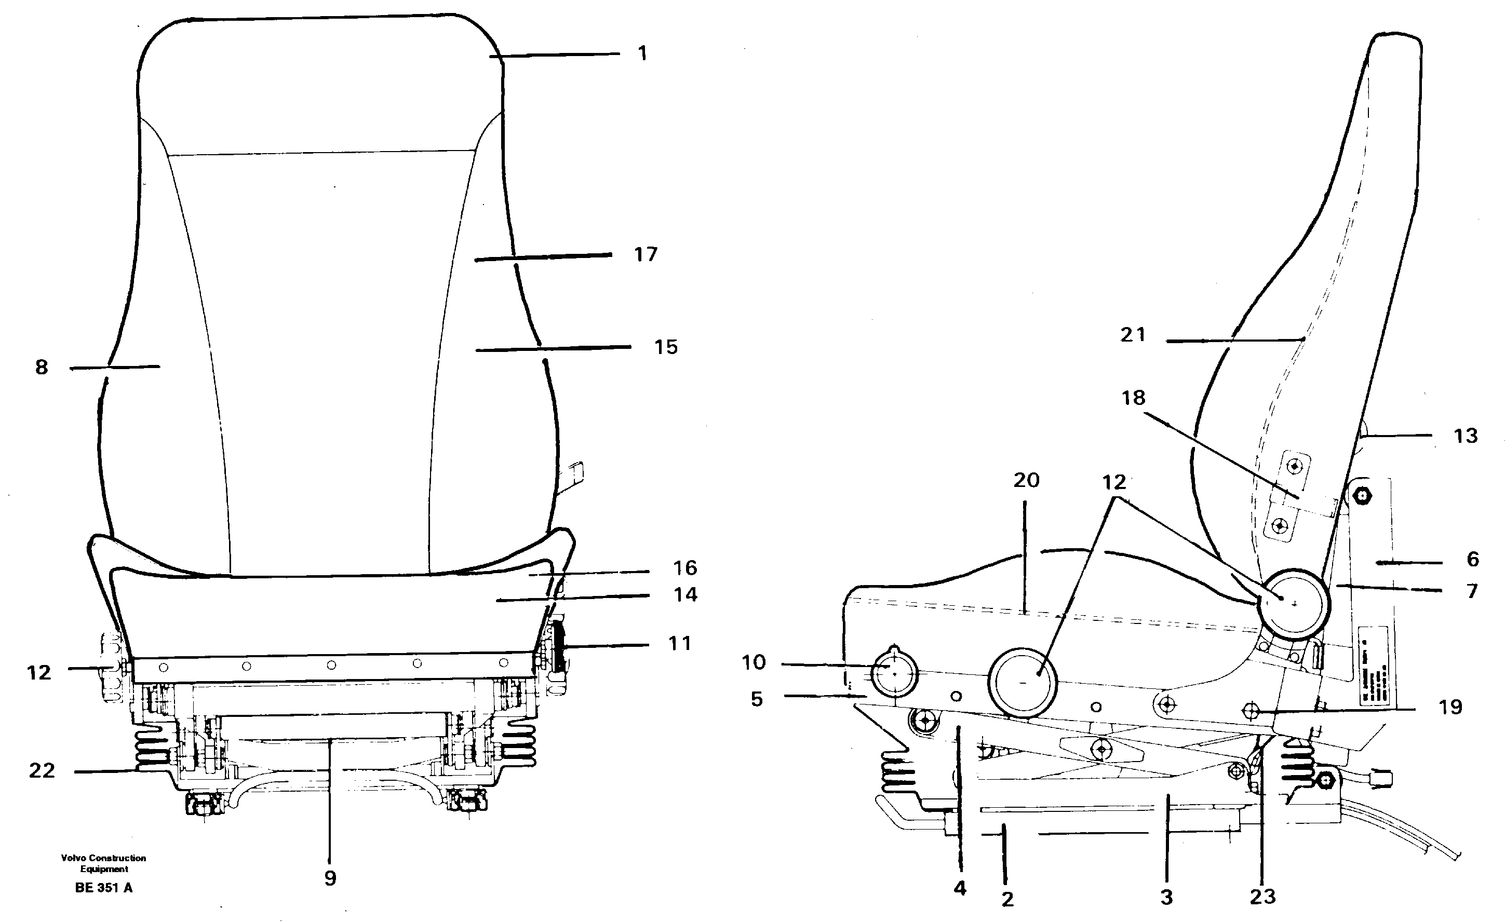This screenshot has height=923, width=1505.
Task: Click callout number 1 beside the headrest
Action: pyautogui.click(x=642, y=53)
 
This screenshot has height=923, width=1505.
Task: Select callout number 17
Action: pyautogui.click(x=646, y=254)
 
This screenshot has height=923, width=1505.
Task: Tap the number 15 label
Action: pyautogui.click(x=666, y=347)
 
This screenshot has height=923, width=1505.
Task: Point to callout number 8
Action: pyautogui.click(x=41, y=367)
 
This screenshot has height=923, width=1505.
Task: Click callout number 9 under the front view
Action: pyautogui.click(x=330, y=878)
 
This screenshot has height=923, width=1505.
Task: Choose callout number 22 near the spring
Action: pyautogui.click(x=42, y=770)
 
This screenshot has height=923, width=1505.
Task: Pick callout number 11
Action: pyautogui.click(x=679, y=643)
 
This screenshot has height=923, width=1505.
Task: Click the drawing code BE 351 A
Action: pyautogui.click(x=104, y=888)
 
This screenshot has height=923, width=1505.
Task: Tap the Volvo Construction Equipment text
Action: pyautogui.click(x=104, y=863)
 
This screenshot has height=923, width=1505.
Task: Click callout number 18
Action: pyautogui.click(x=1133, y=398)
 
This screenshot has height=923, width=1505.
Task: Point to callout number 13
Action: pyautogui.click(x=1466, y=436)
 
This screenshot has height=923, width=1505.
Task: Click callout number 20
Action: pyautogui.click(x=1026, y=480)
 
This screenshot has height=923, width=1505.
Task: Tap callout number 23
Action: pyautogui.click(x=1262, y=896)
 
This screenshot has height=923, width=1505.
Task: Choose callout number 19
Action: pyautogui.click(x=1450, y=707)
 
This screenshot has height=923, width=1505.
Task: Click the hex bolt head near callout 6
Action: pyautogui.click(x=1362, y=496)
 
